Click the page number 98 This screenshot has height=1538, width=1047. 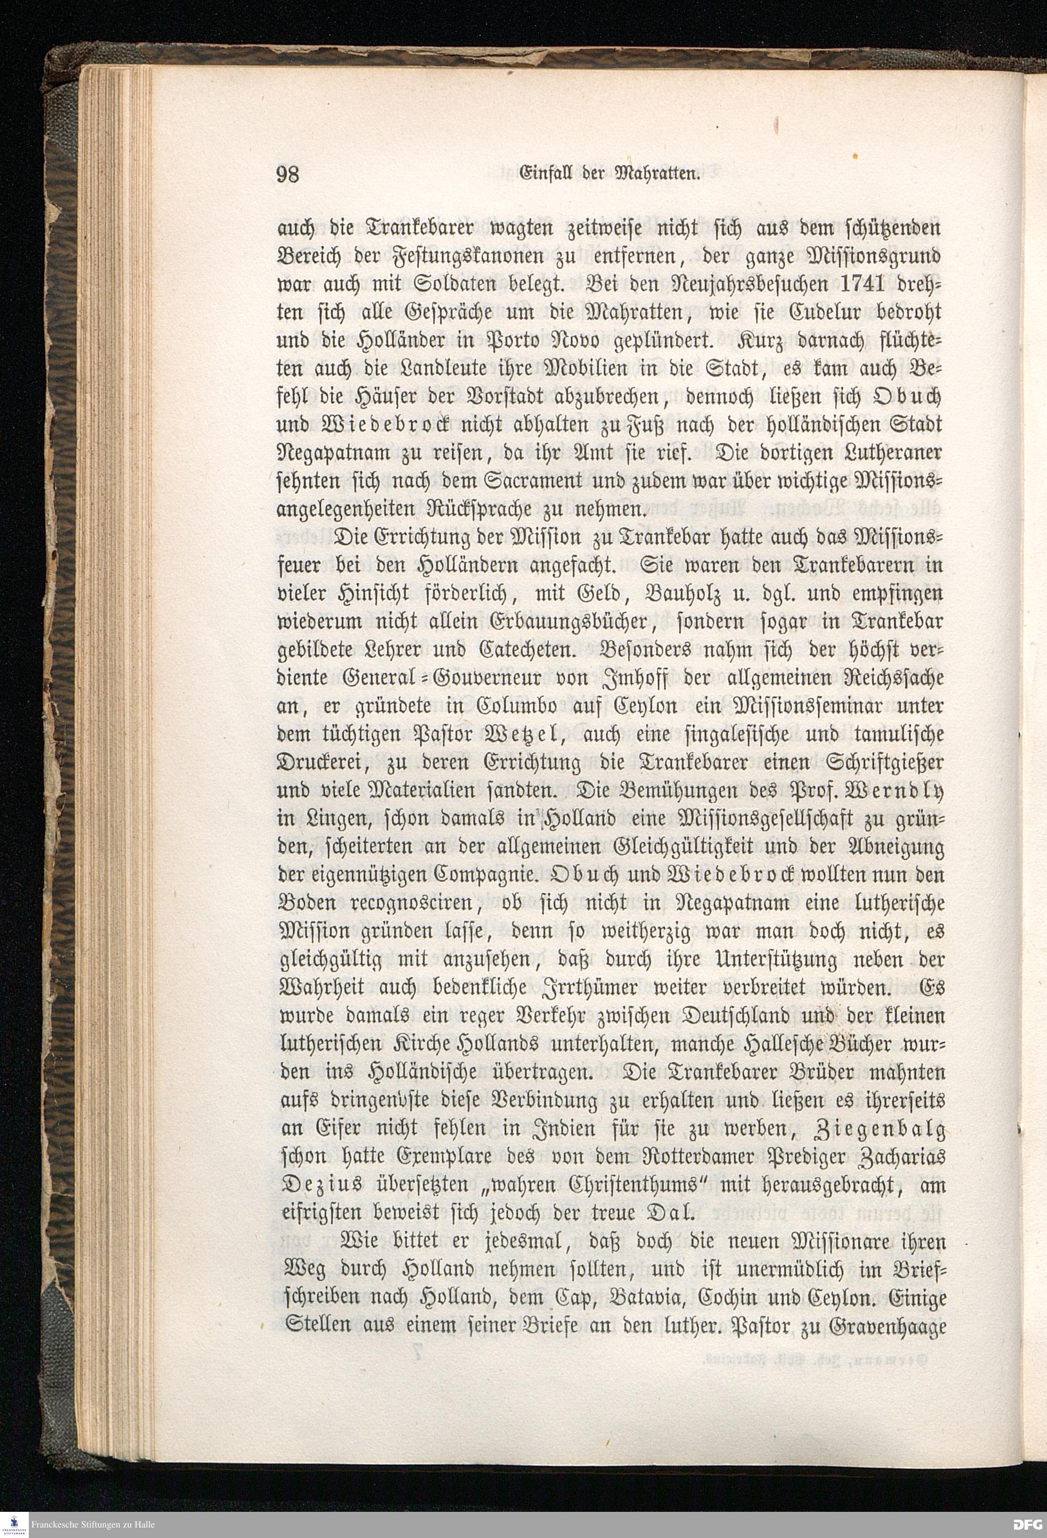[x=288, y=173]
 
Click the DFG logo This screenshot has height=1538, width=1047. [x=1028, y=1523]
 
